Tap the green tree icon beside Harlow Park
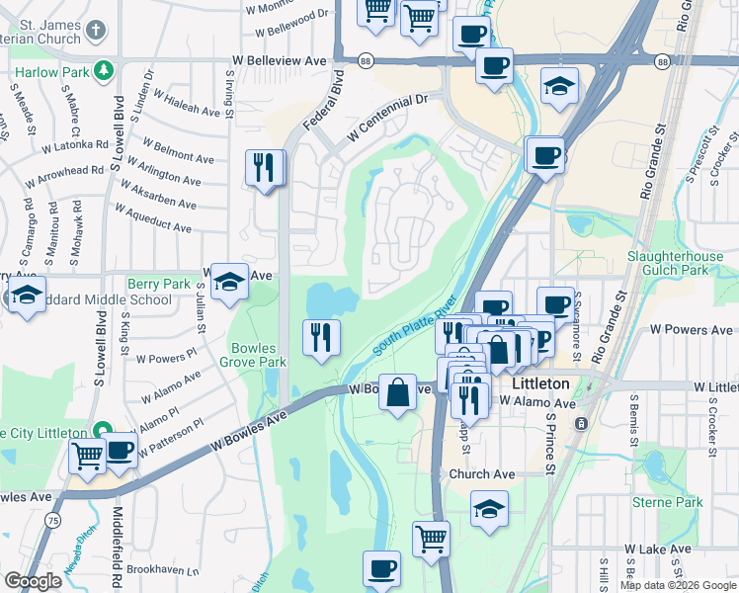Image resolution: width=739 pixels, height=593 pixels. coord(103,71)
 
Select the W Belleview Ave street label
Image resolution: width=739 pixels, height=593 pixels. coord(279,61)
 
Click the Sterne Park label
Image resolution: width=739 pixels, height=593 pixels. coord(669,502)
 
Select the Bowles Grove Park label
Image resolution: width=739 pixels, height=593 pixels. coord(259,355)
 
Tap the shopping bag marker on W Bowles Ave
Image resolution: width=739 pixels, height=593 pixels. coord(397,392)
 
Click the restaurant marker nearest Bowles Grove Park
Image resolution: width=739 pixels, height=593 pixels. coord(321,338)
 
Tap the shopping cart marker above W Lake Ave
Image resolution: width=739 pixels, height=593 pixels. coord(431,540)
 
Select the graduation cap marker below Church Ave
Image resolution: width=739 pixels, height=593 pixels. coord(489,508)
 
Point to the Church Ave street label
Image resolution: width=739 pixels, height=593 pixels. coord(483,474)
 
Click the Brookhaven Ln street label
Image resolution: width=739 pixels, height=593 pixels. coord(163,570)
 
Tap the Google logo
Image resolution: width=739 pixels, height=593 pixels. coord(33,582)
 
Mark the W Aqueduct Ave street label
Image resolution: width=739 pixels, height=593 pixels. coord(153,219)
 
